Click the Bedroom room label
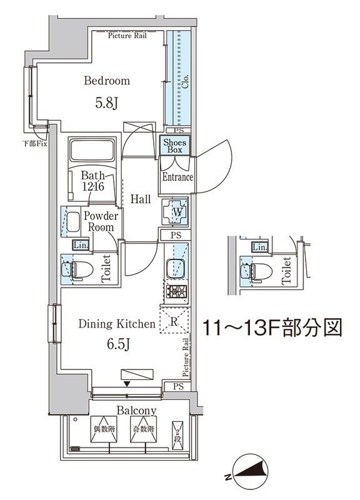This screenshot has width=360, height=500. [x=107, y=81]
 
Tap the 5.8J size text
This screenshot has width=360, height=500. [x=107, y=103]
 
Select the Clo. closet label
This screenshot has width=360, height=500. [x=186, y=81]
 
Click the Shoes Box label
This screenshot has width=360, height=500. [x=174, y=146]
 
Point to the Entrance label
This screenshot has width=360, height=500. [x=177, y=177]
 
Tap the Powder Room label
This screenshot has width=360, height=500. [x=101, y=222]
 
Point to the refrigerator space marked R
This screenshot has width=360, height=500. [x=176, y=322]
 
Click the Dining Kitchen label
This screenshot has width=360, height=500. [x=116, y=324]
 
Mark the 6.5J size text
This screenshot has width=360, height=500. [x=116, y=344]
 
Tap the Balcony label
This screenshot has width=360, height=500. [x=136, y=411]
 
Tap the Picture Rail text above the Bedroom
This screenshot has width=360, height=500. [x=128, y=36]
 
